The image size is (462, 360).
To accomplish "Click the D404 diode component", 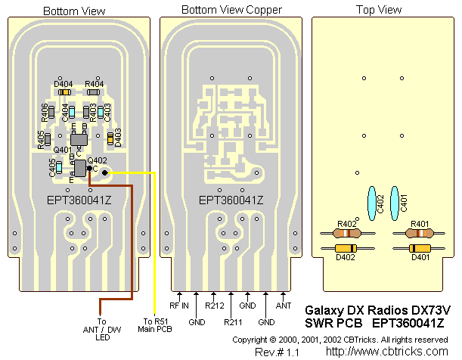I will point(65,92).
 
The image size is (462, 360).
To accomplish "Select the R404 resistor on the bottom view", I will point(93,92).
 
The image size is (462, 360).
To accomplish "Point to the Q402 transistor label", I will point(96,160).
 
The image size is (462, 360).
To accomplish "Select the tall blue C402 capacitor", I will point(371,203).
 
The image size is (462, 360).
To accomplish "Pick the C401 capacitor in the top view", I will point(394,203).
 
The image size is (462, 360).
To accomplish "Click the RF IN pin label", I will point(178,306).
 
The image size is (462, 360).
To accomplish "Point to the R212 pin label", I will point(214,306).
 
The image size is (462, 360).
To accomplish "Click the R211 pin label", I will point(231,321).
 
